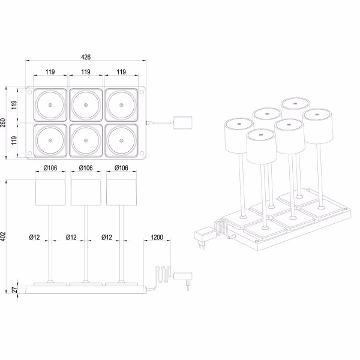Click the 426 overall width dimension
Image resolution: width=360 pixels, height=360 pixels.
(86, 58)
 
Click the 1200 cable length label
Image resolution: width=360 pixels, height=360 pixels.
(158, 238)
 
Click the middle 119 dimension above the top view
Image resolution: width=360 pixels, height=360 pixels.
(86, 72)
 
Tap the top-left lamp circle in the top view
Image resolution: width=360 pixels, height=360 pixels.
(49, 106)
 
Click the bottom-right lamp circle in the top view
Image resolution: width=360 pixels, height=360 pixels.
(122, 141)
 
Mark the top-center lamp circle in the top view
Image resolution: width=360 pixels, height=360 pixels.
(86, 106)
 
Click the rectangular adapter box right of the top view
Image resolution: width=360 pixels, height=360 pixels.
(182, 122)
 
